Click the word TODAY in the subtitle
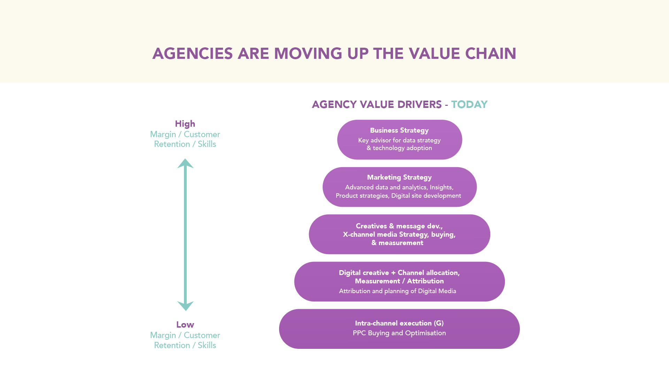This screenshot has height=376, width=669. click(x=469, y=104)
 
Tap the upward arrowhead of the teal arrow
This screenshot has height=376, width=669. click(x=185, y=164)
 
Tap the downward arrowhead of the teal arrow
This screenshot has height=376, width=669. click(x=185, y=306)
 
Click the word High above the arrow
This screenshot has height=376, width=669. click(x=185, y=124)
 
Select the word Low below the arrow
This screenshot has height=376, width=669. click(x=185, y=325)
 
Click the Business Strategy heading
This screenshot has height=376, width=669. click(x=399, y=131)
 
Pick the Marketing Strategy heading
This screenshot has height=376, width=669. click(x=399, y=178)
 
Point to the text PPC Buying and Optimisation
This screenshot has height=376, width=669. click(x=399, y=333)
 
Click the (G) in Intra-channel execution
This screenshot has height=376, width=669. click(x=439, y=323)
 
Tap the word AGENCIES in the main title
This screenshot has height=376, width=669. click(x=193, y=54)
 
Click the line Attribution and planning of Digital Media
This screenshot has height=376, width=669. click(x=398, y=291)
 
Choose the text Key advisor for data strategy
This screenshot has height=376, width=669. click(x=399, y=140)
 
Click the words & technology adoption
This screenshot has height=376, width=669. click(x=399, y=148)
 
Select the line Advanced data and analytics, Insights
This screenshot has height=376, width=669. click(x=399, y=187)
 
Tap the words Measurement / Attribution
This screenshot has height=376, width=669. click(x=399, y=281)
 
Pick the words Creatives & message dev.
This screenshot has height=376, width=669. click(x=399, y=226)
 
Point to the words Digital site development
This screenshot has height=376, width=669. click(x=426, y=196)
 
